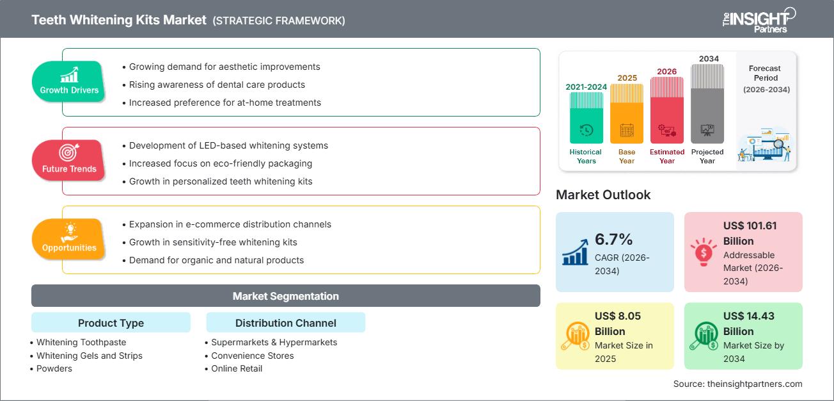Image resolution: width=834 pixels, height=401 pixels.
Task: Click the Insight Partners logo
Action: click(x=759, y=19)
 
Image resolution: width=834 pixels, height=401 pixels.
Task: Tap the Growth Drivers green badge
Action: click(x=69, y=82)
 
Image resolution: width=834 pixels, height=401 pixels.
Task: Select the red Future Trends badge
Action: click(x=69, y=161)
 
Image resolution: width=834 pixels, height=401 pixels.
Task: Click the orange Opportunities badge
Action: click(x=69, y=240)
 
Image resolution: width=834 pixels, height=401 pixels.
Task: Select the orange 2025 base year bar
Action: click(x=627, y=113)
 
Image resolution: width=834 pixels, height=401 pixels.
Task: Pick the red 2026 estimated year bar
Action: click(x=667, y=110)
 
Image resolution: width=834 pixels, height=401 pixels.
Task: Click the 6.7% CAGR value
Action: click(x=613, y=240)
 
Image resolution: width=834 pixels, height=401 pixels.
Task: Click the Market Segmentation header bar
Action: click(x=285, y=296)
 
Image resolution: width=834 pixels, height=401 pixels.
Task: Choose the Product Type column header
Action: click(x=111, y=323)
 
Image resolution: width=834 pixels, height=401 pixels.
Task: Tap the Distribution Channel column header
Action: click(x=285, y=323)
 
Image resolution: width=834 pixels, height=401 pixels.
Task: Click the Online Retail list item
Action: click(x=237, y=368)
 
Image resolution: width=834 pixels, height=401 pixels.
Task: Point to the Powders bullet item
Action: click(x=54, y=368)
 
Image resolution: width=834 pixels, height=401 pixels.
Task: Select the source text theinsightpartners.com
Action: click(x=737, y=384)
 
